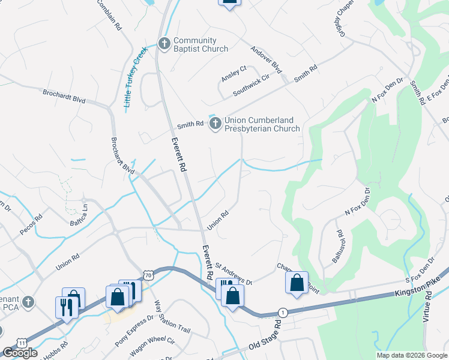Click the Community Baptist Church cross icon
(x=164, y=43)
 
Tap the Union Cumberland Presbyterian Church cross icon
(x=215, y=124)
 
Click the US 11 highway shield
(x=22, y=343)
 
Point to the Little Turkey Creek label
(x=135, y=78)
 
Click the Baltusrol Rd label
(x=337, y=247)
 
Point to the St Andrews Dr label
(x=234, y=272)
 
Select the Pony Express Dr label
(x=134, y=332)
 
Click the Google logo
(x=20, y=353)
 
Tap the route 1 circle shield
(x=282, y=313)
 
